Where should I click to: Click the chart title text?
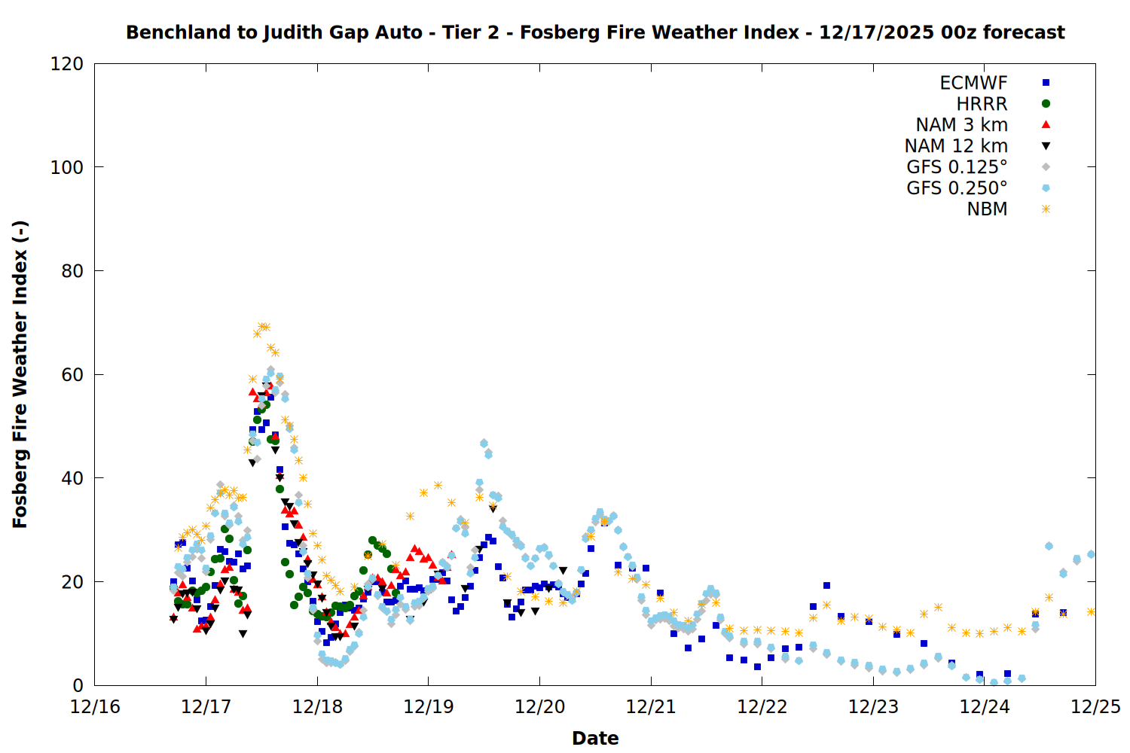click(x=595, y=32)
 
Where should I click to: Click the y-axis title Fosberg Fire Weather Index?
click(x=20, y=374)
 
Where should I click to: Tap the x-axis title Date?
click(x=595, y=738)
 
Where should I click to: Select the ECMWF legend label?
click(x=973, y=83)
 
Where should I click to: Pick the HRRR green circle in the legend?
click(x=1046, y=104)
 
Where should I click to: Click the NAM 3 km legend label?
click(x=961, y=125)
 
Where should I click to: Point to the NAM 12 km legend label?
click(x=956, y=146)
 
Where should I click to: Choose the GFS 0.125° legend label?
click(x=957, y=167)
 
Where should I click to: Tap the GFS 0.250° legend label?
click(x=957, y=188)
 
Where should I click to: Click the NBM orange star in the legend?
click(x=1046, y=209)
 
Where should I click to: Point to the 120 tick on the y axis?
click(x=67, y=64)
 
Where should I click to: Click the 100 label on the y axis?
click(x=67, y=167)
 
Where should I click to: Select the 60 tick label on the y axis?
click(x=72, y=374)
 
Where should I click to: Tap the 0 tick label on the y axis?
click(x=78, y=685)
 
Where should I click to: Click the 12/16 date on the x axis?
click(x=95, y=707)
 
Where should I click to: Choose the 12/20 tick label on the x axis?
click(x=539, y=707)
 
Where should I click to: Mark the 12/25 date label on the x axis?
click(x=1095, y=707)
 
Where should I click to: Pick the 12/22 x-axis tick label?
click(x=762, y=707)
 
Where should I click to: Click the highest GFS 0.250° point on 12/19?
click(x=484, y=444)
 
